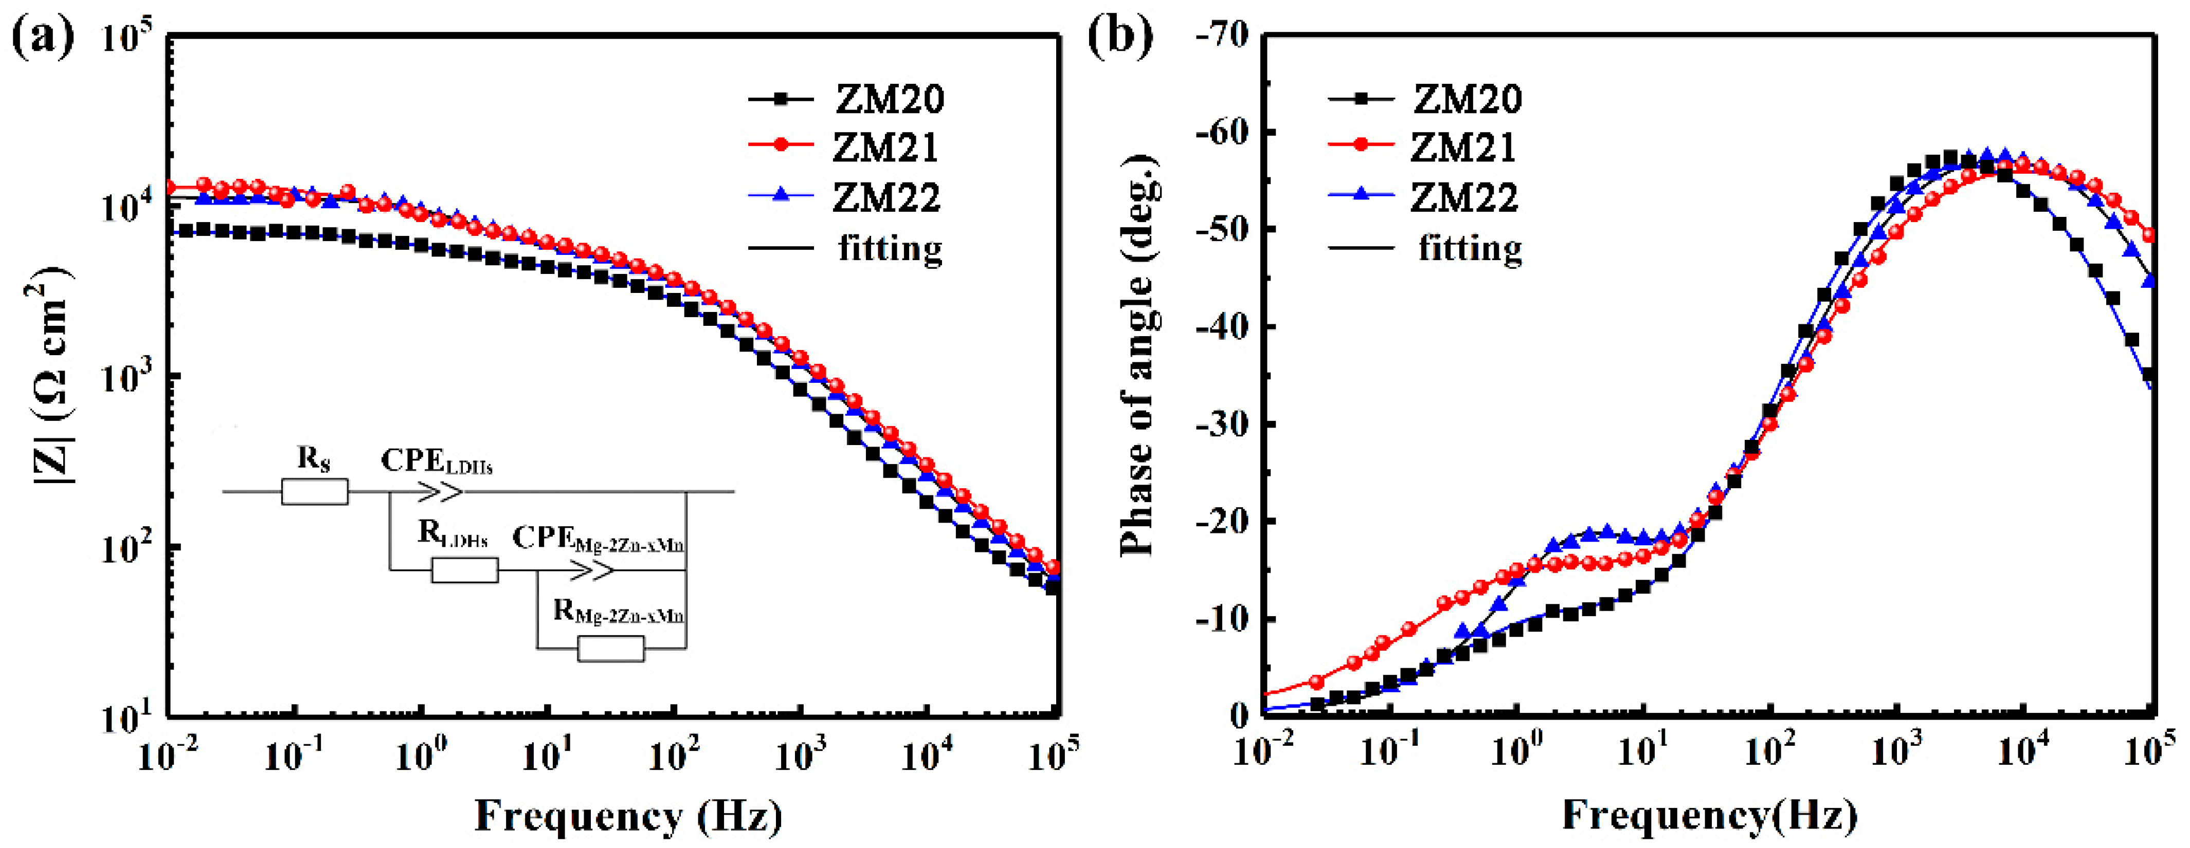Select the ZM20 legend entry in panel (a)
click(889, 99)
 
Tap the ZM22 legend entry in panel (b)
click(1463, 198)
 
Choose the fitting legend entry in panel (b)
click(1469, 248)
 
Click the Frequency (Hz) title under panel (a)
click(627, 816)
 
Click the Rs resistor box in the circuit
click(315, 492)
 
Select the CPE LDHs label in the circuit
click(436, 462)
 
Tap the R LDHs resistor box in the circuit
click(464, 570)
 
